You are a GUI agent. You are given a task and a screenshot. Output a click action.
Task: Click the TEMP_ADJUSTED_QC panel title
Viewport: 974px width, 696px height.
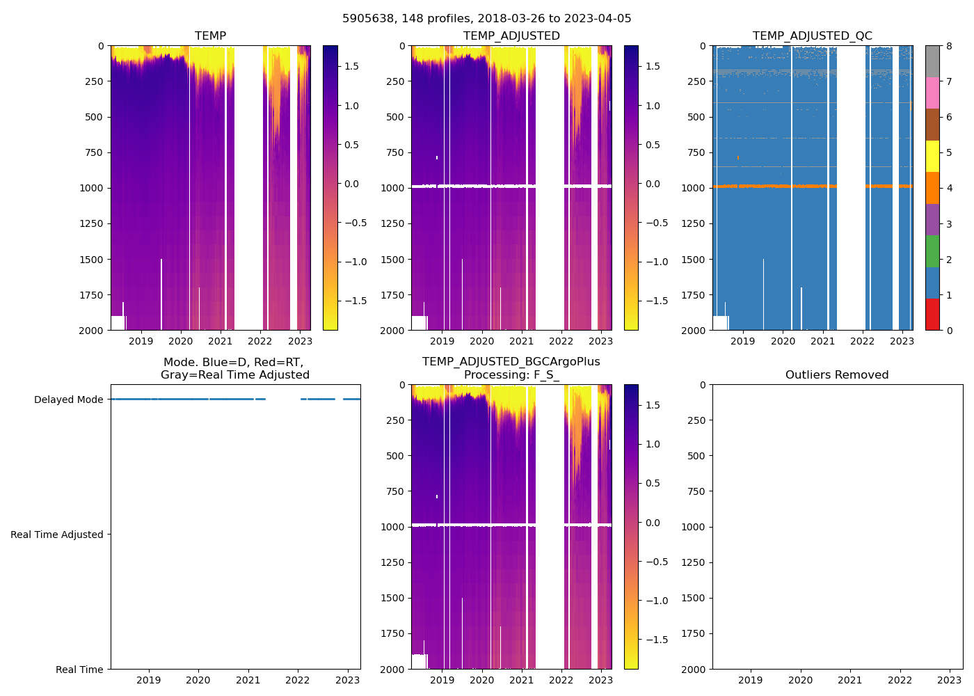[812, 36]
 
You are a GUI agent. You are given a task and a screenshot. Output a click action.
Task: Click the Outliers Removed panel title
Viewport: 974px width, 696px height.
[837, 375]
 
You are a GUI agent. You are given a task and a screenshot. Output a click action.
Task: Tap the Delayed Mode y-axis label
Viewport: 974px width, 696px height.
[68, 400]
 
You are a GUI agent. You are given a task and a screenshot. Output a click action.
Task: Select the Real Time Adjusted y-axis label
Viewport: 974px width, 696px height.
[56, 535]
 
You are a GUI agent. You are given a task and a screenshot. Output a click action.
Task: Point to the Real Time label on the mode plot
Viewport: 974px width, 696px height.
[79, 670]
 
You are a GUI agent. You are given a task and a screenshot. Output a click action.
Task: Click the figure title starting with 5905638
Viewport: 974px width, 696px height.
[486, 19]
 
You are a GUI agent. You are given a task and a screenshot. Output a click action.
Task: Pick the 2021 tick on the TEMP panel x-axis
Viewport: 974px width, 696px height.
[221, 341]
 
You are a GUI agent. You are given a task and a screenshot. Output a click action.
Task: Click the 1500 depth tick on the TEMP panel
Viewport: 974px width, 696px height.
[91, 260]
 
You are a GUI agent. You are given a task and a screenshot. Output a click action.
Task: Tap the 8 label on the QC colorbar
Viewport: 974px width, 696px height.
[949, 46]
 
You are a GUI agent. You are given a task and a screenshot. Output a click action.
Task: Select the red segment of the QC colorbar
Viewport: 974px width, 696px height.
[932, 315]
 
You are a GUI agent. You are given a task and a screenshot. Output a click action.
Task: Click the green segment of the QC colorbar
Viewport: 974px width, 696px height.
[932, 251]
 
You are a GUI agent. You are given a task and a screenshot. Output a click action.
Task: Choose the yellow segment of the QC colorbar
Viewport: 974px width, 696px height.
[932, 157]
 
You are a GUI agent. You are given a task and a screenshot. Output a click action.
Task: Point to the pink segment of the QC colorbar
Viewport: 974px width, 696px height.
[932, 93]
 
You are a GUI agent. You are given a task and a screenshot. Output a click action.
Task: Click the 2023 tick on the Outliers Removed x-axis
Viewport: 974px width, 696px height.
[950, 680]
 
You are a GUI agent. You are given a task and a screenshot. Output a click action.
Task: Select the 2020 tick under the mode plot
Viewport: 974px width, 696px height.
[198, 680]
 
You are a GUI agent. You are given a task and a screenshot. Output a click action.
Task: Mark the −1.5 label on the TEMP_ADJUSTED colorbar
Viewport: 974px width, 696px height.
[653, 301]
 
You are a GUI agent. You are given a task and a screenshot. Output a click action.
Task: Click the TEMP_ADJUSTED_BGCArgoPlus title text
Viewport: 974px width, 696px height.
[511, 362]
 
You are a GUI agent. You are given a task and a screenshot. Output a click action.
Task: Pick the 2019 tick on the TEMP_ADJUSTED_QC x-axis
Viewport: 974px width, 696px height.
[743, 341]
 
